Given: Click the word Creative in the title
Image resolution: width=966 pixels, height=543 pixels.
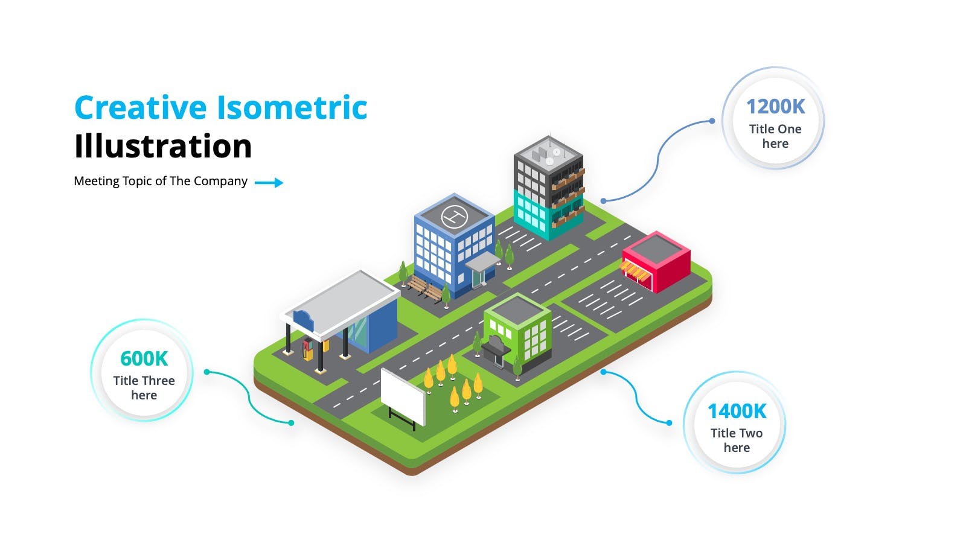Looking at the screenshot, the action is click(x=141, y=107).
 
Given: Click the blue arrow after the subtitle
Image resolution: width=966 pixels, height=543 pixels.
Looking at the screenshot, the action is click(x=269, y=183).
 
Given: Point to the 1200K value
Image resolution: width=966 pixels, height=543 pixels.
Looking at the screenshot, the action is click(x=775, y=106).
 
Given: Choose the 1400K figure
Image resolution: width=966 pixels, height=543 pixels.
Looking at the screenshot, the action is click(x=737, y=411).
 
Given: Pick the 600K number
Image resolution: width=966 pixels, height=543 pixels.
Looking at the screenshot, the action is click(x=144, y=358).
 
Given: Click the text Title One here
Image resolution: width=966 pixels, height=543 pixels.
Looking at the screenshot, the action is click(x=775, y=136).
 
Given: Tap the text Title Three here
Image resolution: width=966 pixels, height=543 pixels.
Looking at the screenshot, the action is click(x=144, y=388).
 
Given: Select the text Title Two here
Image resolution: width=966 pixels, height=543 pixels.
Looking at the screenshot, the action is click(x=737, y=440).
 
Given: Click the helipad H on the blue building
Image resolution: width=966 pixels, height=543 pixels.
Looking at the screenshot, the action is click(x=454, y=216).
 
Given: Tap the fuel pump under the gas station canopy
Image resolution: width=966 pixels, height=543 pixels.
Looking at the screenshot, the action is click(x=307, y=349).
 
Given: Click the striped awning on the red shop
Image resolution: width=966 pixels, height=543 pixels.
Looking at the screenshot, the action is click(x=635, y=271).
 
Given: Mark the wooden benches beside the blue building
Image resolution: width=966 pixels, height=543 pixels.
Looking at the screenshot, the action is click(x=425, y=287).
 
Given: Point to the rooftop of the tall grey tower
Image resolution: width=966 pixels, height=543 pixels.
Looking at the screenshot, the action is click(x=549, y=154).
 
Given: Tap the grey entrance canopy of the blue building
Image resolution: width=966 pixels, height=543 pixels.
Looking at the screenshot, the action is click(x=483, y=262).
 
